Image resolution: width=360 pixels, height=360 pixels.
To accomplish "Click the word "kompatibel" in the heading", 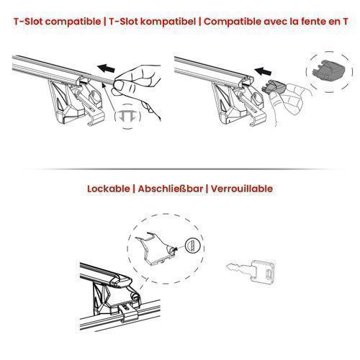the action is pyautogui.click(x=168, y=22).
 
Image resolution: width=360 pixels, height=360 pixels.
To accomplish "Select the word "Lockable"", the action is pyautogui.click(x=108, y=189).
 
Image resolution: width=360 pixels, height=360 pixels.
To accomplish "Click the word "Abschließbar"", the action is pyautogui.click(x=171, y=189).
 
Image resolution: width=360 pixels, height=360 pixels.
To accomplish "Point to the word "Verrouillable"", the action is pyautogui.click(x=242, y=189).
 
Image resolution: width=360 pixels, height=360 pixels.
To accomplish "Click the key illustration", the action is pyautogui.click(x=251, y=271).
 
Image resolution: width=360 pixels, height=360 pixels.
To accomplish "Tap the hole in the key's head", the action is pyautogui.click(x=269, y=273).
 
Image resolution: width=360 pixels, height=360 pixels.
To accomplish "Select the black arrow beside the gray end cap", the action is pyautogui.click(x=263, y=71).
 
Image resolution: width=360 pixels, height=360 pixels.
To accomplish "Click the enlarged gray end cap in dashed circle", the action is pyautogui.click(x=329, y=70).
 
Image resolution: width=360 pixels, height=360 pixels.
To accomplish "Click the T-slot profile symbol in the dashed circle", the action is pyautogui.click(x=127, y=116).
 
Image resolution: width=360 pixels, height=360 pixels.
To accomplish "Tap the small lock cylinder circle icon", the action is pyautogui.click(x=192, y=246).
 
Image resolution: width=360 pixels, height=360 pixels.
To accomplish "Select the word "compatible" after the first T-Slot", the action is pyautogui.click(x=73, y=22).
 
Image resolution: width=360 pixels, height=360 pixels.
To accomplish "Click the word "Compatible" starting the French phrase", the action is pyautogui.click(x=233, y=22).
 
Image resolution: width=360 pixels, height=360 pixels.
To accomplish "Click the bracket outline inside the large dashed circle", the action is pyautogui.click(x=157, y=248).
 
